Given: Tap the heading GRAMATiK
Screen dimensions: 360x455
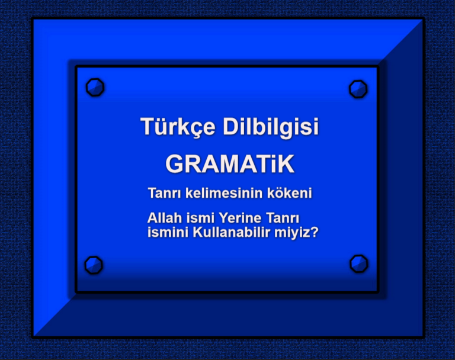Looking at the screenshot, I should click(229, 163).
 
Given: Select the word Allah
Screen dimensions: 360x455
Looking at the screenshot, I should click(162, 219).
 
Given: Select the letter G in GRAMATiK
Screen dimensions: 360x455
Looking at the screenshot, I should click(175, 163).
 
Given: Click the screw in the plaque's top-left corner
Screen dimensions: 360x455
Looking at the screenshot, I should click(95, 87).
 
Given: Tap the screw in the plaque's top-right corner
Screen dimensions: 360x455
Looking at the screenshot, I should click(358, 89).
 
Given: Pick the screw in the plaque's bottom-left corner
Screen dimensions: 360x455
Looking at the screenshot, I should click(94, 264).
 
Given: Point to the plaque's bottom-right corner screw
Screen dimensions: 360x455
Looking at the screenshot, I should click(358, 263).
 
